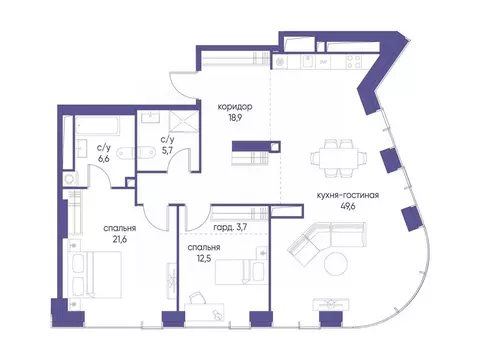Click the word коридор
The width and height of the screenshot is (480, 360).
tap(235, 107)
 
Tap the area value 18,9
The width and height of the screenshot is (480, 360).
tap(235, 118)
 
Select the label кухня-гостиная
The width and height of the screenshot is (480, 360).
tap(348, 195)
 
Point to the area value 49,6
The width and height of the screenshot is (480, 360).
tap(348, 206)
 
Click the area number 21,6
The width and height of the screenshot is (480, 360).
tap(119, 239)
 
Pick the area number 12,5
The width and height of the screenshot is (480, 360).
tap(204, 258)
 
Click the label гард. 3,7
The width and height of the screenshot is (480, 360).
tap(230, 228)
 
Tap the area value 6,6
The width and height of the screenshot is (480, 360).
tap(104, 159)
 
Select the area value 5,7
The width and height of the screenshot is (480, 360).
tap(167, 150)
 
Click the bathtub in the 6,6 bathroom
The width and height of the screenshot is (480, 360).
tap(97, 126)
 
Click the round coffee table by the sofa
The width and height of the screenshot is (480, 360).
tap(336, 264)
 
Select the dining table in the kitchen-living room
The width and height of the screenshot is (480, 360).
tap(339, 157)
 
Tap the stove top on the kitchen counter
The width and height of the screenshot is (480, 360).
tap(354, 62)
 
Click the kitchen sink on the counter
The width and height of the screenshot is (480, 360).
tap(308, 62)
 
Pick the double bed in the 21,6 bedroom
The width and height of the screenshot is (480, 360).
tap(95, 274)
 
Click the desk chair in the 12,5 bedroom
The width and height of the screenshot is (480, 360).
tap(198, 298)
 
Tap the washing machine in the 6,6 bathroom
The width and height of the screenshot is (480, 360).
tap(70, 179)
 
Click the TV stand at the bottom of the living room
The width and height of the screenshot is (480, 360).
tap(331, 304)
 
